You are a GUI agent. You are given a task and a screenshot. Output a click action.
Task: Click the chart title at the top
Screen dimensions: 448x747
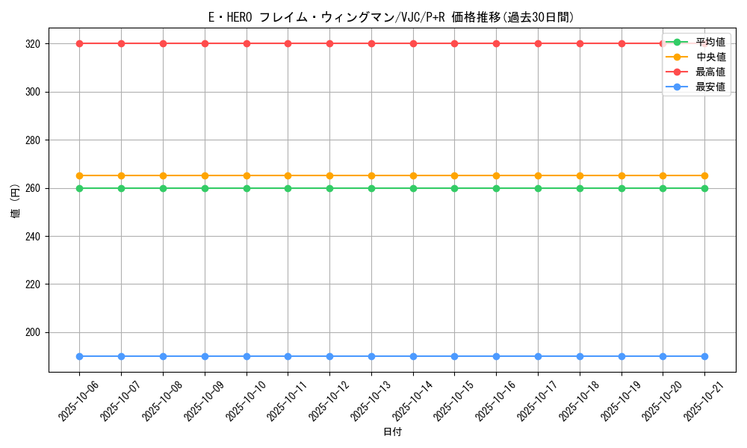point(391,17)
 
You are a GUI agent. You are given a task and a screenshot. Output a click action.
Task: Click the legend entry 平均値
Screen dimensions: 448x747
point(710,42)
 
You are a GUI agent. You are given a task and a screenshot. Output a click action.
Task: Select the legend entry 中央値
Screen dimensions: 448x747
point(710,57)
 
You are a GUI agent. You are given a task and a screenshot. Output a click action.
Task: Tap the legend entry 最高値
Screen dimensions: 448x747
point(710,72)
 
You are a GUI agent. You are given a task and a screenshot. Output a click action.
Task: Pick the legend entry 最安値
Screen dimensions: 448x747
point(710,87)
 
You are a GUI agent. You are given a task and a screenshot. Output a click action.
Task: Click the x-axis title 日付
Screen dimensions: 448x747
point(392,432)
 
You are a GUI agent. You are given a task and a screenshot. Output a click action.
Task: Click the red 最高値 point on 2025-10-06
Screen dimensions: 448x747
point(79,43)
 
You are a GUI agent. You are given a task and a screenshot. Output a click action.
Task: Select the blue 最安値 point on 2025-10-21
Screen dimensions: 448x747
point(704,356)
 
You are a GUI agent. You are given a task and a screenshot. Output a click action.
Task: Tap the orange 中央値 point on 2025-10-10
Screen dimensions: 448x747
point(247,175)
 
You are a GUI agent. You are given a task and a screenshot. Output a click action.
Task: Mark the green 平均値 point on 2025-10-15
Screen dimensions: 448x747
point(454,188)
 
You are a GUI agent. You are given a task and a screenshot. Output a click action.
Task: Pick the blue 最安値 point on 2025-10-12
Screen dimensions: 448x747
point(329,356)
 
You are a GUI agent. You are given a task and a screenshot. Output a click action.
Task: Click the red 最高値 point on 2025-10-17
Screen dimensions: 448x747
point(538,43)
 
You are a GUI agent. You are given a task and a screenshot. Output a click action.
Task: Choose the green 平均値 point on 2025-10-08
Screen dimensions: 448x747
point(163,188)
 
